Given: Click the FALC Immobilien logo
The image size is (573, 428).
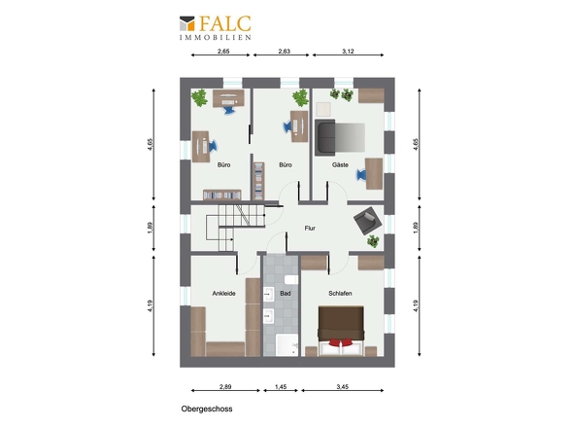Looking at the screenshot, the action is pos(216,27).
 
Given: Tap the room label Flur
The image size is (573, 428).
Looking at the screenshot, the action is pos(310,228).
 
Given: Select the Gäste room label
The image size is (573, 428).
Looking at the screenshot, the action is pos(340,165).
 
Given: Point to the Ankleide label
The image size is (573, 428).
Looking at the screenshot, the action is pos(223,293).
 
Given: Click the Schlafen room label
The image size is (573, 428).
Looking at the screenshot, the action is pos(340,293).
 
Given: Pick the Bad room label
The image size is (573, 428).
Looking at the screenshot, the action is pos(286,293).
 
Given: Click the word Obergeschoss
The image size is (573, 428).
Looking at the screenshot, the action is pos(207,409).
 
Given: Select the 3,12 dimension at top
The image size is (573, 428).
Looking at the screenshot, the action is pos(348,52).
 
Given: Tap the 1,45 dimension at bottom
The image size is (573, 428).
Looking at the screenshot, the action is pos(281,386).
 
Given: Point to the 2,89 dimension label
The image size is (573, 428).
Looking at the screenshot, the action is pos(225,386).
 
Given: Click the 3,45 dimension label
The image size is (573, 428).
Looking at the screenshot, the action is pos(343,386).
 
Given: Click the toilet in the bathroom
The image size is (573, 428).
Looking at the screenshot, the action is pos(291,280).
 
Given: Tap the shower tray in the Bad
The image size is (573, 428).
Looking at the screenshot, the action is pos(286,344).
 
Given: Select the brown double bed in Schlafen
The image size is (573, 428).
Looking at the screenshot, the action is pos(341,331).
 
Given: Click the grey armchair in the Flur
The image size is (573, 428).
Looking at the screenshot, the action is pos(368,221).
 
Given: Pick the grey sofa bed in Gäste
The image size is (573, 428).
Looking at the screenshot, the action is pos(340,137).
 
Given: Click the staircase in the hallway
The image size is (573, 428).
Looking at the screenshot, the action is pos(235,228).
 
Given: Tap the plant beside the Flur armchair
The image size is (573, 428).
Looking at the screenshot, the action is pos(373,241).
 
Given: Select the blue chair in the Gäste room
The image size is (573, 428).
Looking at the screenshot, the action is pos(361,175).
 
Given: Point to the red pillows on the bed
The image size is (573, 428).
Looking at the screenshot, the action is pos(341,342).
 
